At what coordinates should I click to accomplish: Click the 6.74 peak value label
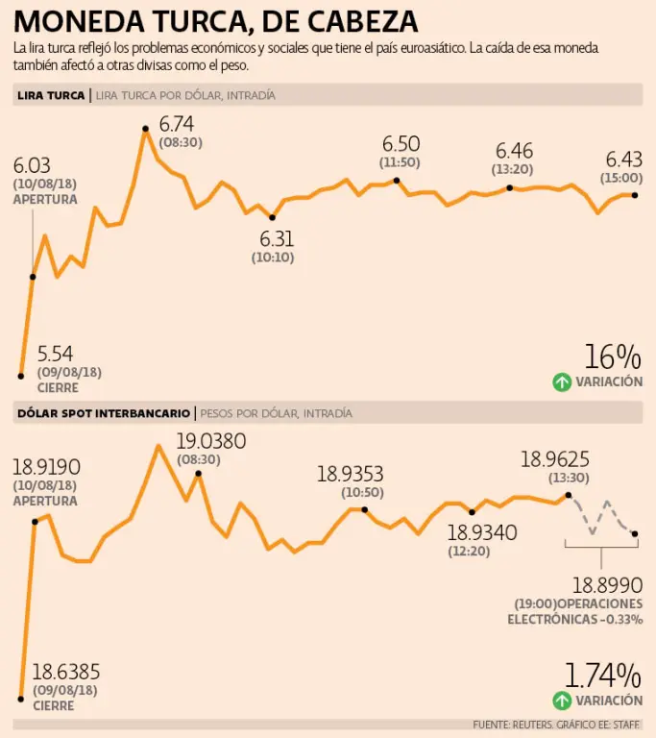click(177, 123)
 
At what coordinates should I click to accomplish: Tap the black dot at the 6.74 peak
click(145, 128)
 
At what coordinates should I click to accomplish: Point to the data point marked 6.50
click(397, 180)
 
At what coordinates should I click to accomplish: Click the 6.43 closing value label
click(623, 160)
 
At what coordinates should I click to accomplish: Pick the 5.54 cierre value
click(55, 354)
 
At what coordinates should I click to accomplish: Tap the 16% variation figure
click(612, 357)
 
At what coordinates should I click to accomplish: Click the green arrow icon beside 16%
click(562, 382)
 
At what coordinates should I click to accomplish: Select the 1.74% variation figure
click(602, 675)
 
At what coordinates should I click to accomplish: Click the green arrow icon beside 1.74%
click(562, 701)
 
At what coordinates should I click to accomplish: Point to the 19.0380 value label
click(210, 442)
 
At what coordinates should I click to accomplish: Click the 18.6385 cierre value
click(66, 672)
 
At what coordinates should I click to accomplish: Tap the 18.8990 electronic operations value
click(607, 584)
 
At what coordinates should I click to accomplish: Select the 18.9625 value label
click(555, 460)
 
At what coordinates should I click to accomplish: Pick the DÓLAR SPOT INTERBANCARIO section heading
click(103, 413)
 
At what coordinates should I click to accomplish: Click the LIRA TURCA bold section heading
click(50, 95)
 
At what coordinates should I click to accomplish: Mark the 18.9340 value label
click(482, 533)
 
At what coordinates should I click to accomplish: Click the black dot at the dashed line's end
click(635, 533)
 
